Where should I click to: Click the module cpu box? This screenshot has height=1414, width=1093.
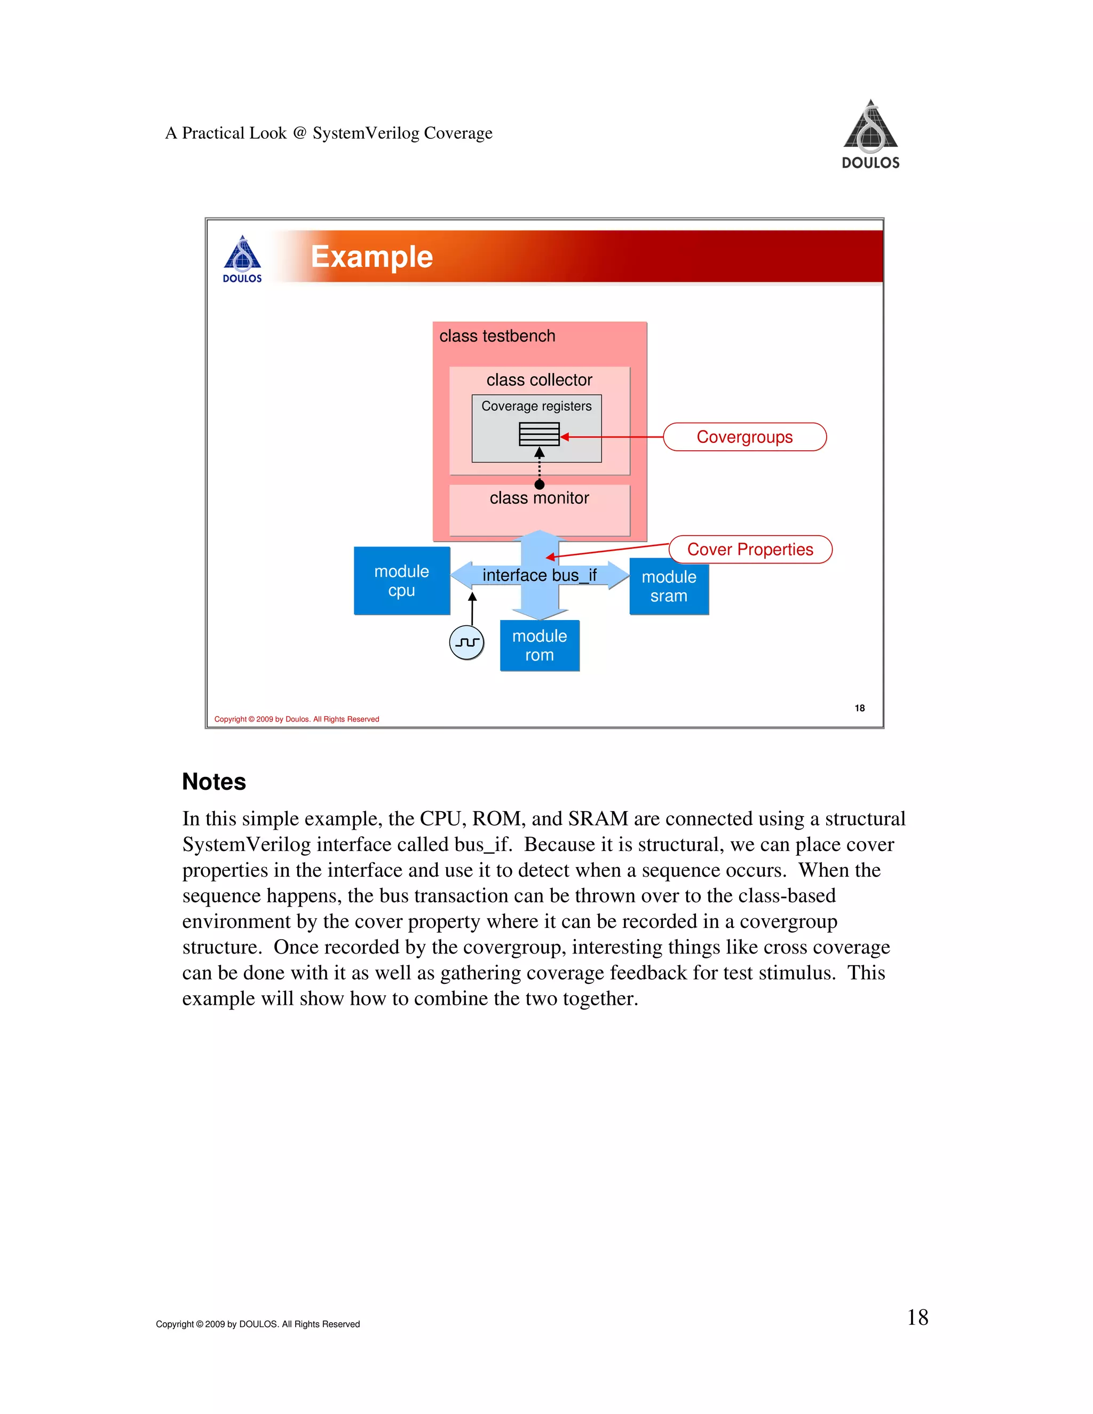[401, 581]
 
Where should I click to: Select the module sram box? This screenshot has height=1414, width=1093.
[669, 586]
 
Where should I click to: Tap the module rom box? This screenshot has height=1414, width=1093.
[540, 646]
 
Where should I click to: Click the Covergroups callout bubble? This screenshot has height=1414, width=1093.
[744, 437]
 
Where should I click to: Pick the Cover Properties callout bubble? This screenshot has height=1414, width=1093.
[750, 550]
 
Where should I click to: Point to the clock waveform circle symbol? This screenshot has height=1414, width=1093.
[466, 642]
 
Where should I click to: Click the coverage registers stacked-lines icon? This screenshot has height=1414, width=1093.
[538, 434]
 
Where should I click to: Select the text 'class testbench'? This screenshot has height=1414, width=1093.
[497, 336]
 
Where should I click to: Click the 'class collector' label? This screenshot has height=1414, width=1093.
[540, 380]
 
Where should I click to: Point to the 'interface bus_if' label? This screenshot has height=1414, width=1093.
[540, 575]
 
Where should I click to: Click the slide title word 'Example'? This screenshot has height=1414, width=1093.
[371, 257]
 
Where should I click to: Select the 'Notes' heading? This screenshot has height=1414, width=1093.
[213, 782]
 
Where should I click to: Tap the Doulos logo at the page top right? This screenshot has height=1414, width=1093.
[870, 134]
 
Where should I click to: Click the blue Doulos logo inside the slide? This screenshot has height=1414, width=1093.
[242, 259]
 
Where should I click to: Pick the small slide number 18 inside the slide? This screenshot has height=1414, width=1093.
[859, 708]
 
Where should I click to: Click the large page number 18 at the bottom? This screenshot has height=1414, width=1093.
[917, 1317]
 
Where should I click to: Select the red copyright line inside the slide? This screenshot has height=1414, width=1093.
[297, 719]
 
